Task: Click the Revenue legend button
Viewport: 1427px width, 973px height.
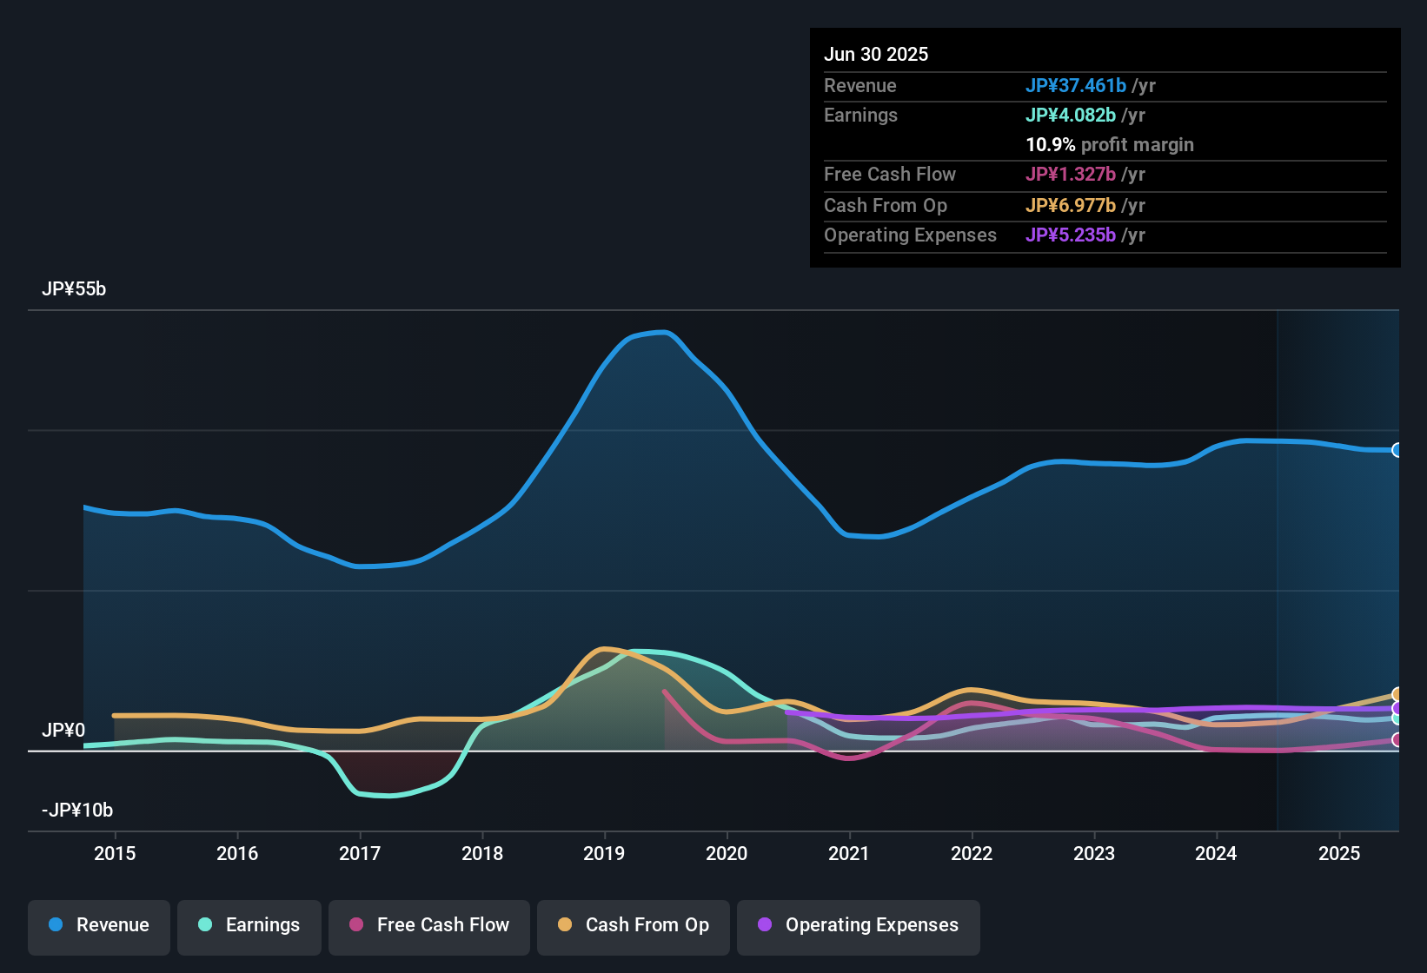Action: click(99, 925)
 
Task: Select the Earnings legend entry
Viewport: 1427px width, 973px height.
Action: click(249, 925)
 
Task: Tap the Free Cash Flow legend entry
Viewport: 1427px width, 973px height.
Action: click(429, 925)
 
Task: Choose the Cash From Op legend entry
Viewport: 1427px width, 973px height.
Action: click(634, 925)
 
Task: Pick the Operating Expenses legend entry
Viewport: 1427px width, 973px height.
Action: click(859, 925)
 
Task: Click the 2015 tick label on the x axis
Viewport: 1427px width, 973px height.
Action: click(115, 853)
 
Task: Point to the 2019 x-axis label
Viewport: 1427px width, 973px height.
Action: click(604, 853)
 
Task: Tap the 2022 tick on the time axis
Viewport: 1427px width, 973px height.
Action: click(972, 853)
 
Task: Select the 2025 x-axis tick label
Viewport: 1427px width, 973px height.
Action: click(1339, 853)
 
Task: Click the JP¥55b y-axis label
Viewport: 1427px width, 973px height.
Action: click(74, 289)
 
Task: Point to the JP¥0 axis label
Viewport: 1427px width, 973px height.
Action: click(63, 731)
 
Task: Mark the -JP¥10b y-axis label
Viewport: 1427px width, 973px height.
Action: click(77, 811)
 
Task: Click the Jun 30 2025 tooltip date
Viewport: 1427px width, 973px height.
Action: click(876, 55)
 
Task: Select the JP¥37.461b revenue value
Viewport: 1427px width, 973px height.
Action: click(1076, 86)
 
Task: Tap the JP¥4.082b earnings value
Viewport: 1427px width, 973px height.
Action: click(1071, 116)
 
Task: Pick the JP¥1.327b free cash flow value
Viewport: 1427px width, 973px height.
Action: click(1071, 175)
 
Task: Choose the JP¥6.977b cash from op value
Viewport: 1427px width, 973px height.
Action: click(1071, 206)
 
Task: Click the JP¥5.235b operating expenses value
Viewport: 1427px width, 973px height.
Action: click(1071, 235)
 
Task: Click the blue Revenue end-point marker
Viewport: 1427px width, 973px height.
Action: click(1397, 450)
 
